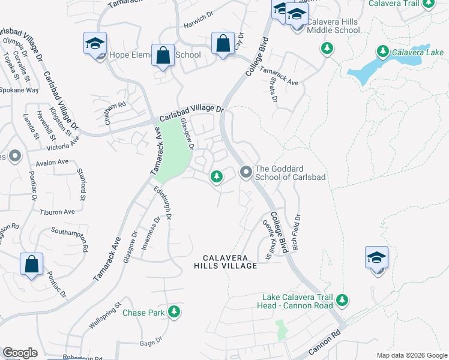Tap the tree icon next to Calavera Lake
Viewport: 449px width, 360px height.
pos(382,52)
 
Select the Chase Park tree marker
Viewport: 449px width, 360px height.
pos(174,311)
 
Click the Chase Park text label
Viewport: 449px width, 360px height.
pos(143,313)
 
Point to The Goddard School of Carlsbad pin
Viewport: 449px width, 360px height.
pos(246,172)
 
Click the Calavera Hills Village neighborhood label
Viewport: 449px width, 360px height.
pos(226,261)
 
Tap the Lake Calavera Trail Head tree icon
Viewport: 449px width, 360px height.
pos(342,299)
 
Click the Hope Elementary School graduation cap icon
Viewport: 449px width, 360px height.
pos(95,44)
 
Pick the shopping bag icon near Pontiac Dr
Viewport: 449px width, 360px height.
pos(31,265)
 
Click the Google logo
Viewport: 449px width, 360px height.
pos(20,353)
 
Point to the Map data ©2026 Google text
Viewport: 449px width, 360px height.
pos(411,355)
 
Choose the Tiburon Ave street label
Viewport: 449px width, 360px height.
pos(57,212)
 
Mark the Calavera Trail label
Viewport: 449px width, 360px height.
pos(415,4)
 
